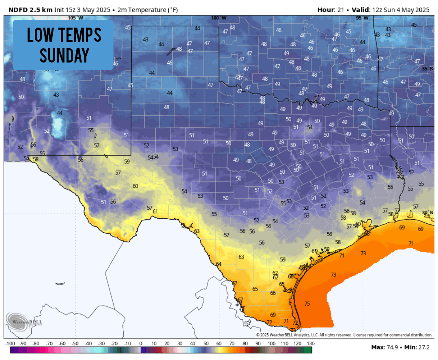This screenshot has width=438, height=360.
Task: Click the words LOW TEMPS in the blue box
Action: point(64,35)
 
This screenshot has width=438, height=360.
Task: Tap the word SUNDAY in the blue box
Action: point(64,55)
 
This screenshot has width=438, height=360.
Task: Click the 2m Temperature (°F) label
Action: point(148,10)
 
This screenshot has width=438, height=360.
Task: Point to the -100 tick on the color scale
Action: point(10,343)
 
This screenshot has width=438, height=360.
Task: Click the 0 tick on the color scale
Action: point(140,343)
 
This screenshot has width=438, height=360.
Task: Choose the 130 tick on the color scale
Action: point(310,343)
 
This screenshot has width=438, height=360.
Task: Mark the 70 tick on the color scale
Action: point(232,343)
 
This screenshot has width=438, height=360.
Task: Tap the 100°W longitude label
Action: point(219,18)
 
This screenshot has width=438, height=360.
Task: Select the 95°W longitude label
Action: point(362,18)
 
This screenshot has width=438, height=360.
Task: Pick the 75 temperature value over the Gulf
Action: point(307,304)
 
